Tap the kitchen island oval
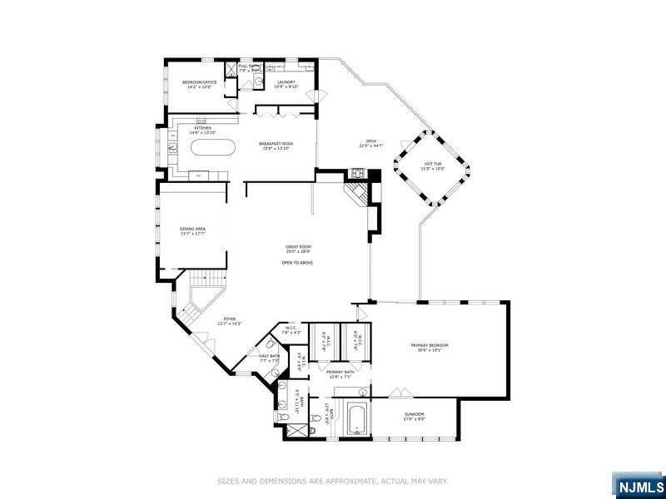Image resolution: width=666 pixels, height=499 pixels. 214,149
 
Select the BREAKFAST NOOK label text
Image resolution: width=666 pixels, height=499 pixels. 276,145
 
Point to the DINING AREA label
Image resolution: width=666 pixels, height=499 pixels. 192,230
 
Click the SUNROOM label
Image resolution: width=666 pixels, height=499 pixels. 414,415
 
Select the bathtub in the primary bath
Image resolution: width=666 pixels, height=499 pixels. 356,418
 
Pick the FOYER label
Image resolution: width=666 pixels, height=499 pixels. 229,320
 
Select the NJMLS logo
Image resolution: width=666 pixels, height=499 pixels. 639,486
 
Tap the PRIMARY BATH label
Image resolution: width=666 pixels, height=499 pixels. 339,373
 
